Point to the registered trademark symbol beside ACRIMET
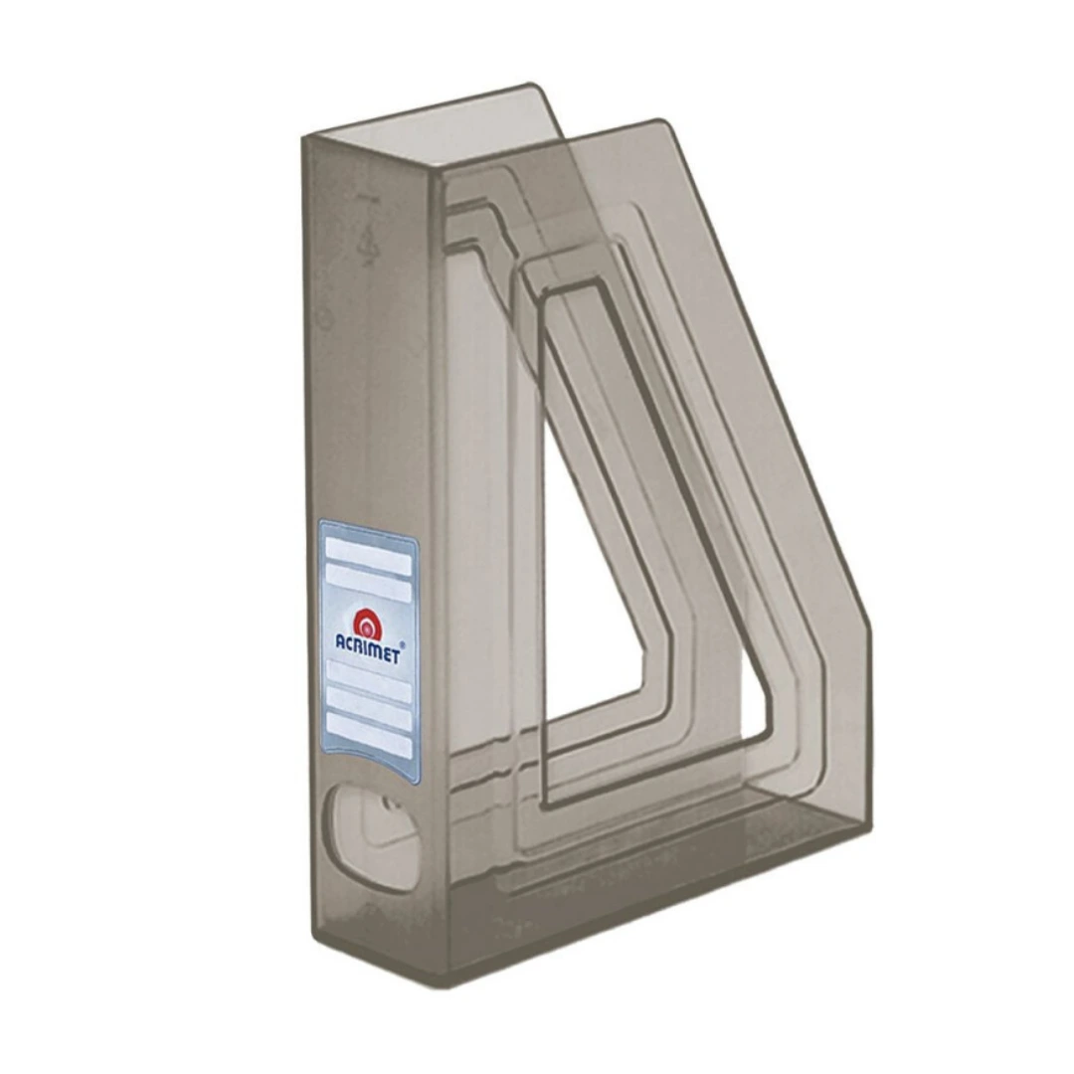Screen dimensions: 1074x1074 point(402,644)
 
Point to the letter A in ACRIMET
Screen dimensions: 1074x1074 point(341,641)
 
